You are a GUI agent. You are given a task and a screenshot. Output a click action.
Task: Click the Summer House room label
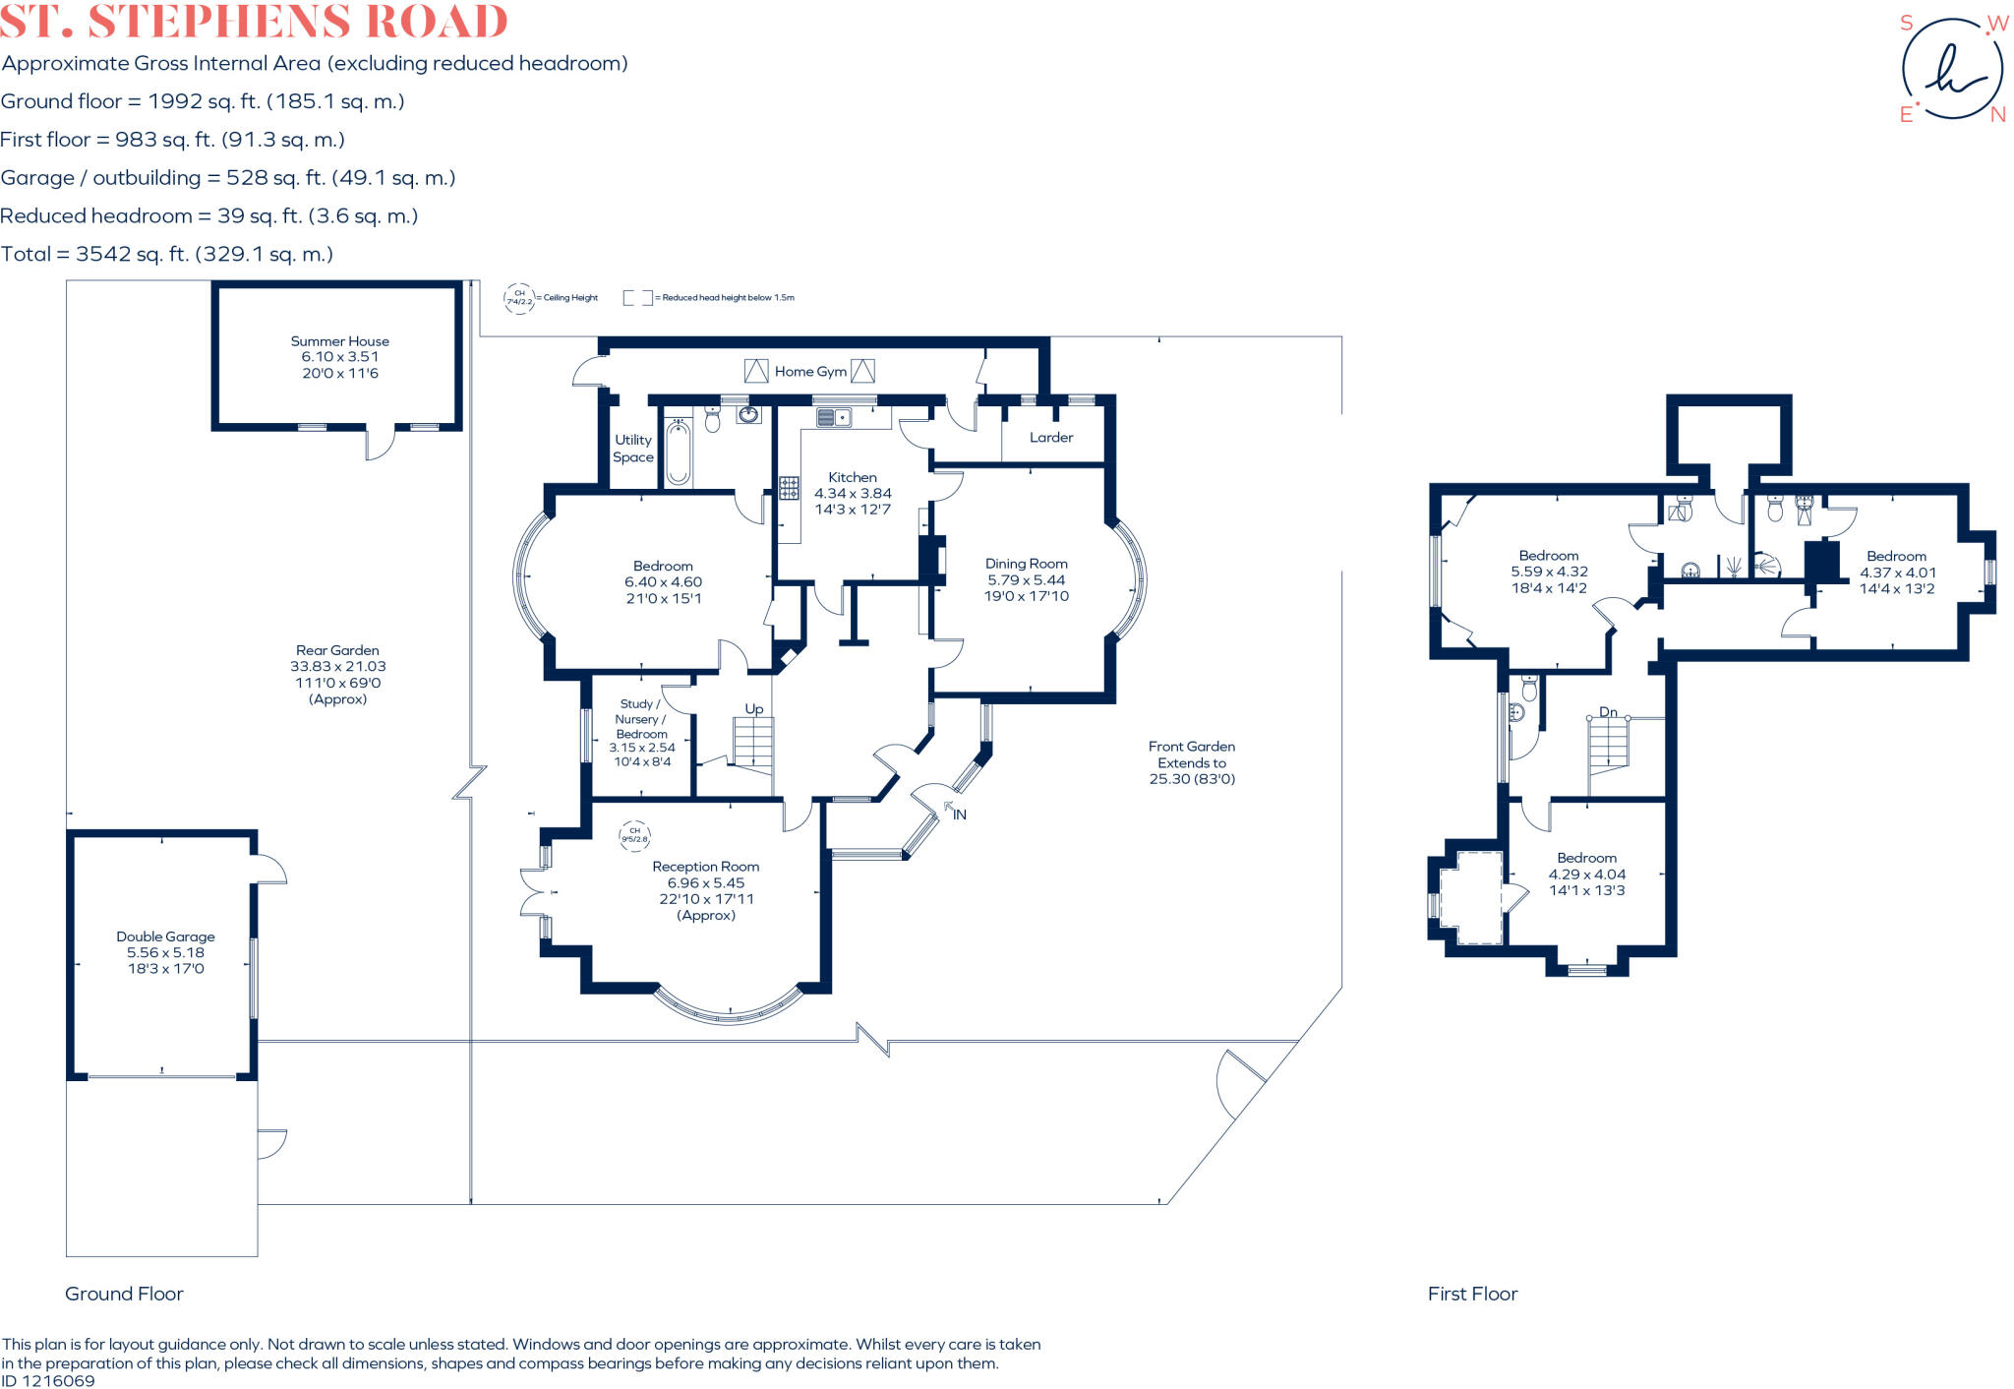click(339, 341)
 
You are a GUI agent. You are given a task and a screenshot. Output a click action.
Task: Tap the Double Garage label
click(165, 936)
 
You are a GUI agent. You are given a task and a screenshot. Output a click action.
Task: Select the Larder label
click(1050, 438)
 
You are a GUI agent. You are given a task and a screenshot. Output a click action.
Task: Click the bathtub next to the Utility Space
click(678, 453)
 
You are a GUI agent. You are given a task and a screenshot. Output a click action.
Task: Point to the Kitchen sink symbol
click(833, 418)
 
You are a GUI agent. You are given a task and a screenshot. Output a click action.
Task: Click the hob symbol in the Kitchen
click(789, 488)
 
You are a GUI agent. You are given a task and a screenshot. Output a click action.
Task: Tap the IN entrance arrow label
click(959, 815)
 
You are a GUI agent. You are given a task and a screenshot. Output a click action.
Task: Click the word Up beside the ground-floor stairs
click(753, 708)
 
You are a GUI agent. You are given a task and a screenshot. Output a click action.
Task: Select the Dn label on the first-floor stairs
click(1608, 712)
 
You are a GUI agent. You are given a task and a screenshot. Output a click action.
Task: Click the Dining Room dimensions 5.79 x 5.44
click(1026, 579)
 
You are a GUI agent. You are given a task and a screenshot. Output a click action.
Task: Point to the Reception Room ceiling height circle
click(634, 835)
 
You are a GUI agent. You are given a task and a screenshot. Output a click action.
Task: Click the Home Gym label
click(809, 372)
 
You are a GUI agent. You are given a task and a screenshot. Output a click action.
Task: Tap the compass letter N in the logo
click(1997, 115)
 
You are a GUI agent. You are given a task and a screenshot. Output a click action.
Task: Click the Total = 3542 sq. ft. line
click(167, 254)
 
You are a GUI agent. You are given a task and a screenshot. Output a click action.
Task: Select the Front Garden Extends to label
click(1191, 755)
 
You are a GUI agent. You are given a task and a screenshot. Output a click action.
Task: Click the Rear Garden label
click(337, 650)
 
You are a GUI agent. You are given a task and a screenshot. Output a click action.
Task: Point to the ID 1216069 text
click(48, 1380)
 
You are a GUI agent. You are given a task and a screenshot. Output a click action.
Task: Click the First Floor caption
click(1472, 1294)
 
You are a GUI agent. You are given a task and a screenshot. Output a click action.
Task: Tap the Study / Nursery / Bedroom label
click(641, 719)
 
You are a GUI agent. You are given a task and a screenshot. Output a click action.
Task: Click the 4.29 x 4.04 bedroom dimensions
click(1586, 874)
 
